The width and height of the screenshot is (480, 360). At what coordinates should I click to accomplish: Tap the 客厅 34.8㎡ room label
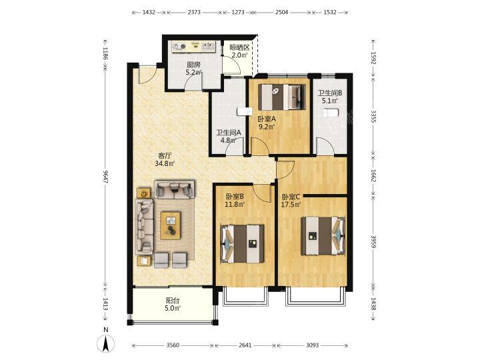click(165, 159)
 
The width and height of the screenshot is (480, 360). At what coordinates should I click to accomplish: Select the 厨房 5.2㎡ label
click(193, 69)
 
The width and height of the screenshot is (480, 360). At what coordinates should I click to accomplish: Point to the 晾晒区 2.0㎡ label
click(239, 51)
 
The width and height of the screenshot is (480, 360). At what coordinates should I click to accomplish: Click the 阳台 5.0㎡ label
click(173, 304)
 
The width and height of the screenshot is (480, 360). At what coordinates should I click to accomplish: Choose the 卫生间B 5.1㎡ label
click(330, 97)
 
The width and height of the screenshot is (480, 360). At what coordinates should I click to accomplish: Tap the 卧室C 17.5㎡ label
click(291, 201)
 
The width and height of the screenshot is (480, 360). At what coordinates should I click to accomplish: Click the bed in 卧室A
click(282, 97)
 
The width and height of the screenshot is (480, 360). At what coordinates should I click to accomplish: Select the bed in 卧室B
click(243, 244)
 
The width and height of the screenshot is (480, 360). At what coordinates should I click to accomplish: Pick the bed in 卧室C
click(323, 236)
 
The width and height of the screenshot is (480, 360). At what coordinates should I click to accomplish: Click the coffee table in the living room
click(171, 225)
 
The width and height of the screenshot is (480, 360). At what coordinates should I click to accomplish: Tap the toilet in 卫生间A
click(244, 111)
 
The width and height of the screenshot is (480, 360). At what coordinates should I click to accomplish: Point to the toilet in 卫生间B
click(331, 113)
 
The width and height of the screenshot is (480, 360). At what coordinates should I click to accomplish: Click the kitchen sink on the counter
click(209, 46)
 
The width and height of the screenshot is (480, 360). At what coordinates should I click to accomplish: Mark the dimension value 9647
click(105, 177)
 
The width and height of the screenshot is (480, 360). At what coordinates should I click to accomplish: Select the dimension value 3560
click(173, 345)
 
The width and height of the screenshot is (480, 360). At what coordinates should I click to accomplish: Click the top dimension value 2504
click(281, 12)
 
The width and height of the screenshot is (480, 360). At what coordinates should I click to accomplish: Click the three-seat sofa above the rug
click(174, 189)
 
